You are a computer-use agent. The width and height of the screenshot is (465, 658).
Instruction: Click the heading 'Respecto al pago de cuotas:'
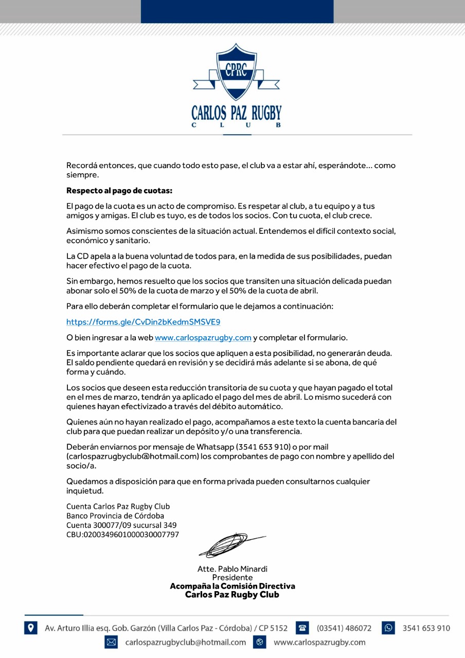[119, 191]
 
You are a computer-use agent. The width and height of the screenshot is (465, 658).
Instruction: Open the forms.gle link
[143, 322]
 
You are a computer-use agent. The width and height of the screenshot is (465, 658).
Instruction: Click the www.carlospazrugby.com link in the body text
[203, 338]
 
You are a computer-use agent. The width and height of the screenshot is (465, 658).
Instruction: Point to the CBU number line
[122, 535]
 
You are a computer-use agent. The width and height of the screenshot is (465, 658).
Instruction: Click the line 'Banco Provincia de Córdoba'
[115, 516]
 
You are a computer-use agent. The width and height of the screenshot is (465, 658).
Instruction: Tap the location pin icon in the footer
[31, 628]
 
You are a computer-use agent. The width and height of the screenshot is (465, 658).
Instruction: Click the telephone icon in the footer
[303, 628]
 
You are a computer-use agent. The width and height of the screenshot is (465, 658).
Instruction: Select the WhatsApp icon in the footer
[388, 628]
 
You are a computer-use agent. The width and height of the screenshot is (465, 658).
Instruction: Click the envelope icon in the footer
[111, 642]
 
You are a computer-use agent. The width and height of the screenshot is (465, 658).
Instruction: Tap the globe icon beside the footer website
[260, 642]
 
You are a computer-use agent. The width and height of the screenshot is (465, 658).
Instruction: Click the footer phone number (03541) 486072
[344, 628]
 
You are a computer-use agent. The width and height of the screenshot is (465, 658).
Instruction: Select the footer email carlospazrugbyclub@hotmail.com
[186, 642]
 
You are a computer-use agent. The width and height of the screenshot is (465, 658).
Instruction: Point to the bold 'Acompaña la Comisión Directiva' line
[233, 586]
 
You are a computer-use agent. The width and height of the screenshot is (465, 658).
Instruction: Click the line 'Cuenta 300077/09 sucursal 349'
[121, 525]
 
